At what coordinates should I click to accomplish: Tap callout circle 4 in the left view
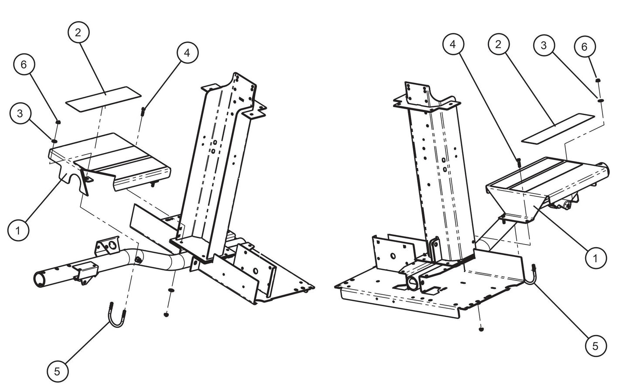(187, 53)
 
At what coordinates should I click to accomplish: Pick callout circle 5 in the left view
(58, 372)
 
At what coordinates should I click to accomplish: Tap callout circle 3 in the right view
(544, 46)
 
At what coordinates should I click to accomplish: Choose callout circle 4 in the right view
(453, 44)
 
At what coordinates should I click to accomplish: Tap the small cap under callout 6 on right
(598, 80)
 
